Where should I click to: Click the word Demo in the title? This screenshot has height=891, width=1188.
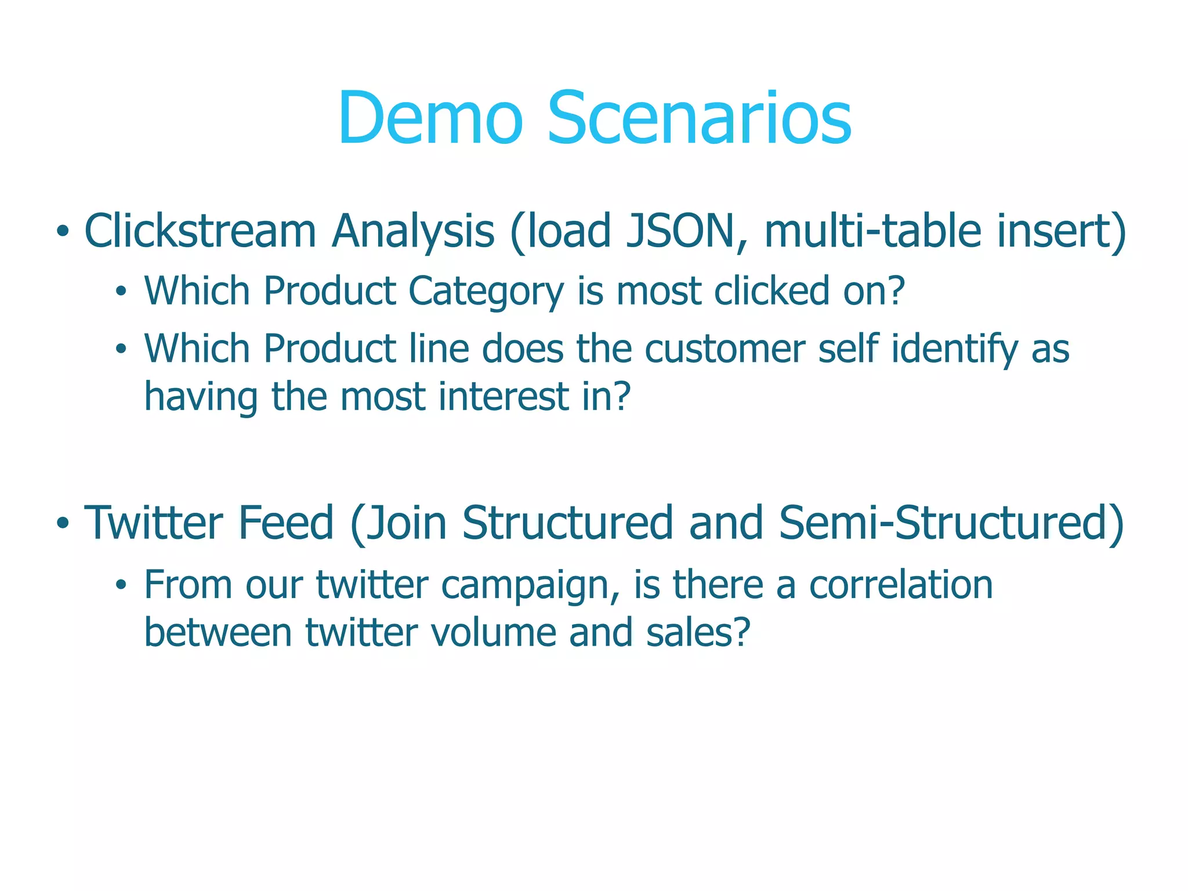click(x=430, y=119)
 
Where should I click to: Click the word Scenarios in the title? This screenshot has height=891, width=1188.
click(x=699, y=119)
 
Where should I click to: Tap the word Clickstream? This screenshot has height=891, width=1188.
click(x=200, y=231)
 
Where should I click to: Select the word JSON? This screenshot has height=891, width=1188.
click(x=680, y=231)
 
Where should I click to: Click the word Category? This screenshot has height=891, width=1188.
click(x=486, y=291)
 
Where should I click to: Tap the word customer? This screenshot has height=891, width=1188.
click(x=725, y=349)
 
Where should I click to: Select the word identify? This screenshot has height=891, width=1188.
click(x=954, y=349)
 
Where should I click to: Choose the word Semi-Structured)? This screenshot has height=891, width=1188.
click(x=952, y=523)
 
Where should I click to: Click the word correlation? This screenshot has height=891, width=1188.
click(x=901, y=584)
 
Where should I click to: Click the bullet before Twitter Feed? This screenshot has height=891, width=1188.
click(x=62, y=524)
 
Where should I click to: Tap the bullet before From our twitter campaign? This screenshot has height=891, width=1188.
click(x=120, y=586)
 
